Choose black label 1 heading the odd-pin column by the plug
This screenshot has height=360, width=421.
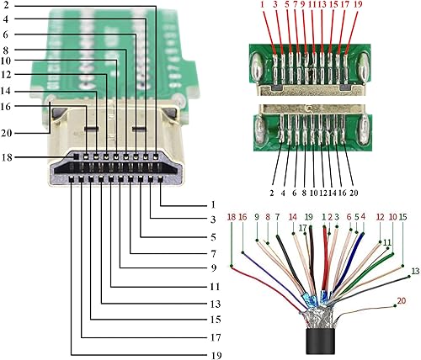click(216, 204)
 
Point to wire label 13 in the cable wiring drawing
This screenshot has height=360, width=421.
click(414, 271)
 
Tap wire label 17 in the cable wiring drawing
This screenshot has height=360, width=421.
click(302, 228)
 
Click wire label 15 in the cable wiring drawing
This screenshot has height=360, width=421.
click(403, 217)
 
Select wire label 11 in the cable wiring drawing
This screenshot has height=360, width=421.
click(386, 242)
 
